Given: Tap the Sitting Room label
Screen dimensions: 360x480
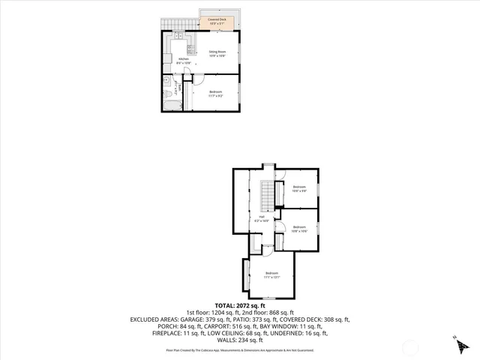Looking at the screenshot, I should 217,53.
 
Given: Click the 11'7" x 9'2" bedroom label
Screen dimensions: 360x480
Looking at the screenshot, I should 216,94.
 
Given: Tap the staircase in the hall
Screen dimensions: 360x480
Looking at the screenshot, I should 265,196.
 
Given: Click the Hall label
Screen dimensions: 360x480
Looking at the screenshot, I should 262,220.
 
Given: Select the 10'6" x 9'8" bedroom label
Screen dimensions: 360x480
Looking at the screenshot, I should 300,189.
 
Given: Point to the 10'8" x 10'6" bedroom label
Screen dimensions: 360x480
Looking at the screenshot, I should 300,229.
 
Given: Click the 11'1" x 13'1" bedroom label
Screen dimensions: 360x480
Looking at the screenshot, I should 271,275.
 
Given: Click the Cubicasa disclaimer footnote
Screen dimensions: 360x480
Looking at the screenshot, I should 240,350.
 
